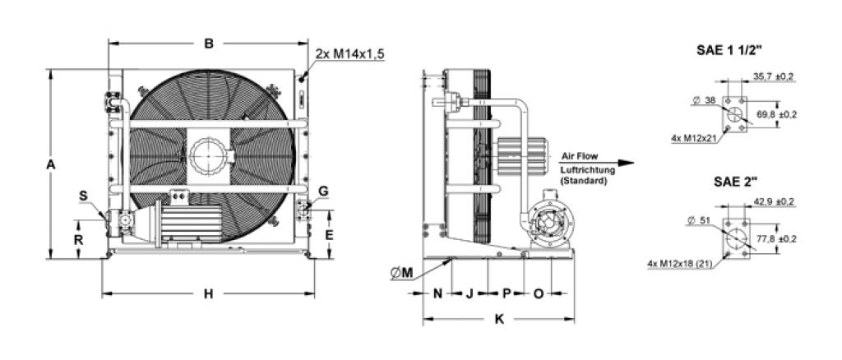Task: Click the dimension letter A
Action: click(x=51, y=165)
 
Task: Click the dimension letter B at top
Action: click(x=209, y=44)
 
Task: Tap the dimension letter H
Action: click(x=208, y=293)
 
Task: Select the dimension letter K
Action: click(x=499, y=319)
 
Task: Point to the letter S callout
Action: click(x=83, y=196)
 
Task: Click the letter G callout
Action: click(x=323, y=192)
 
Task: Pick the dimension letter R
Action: click(x=78, y=240)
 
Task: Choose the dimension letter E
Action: click(x=330, y=235)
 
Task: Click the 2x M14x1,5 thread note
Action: click(x=350, y=54)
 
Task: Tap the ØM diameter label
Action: click(x=402, y=273)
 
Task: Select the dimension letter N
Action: click(x=437, y=293)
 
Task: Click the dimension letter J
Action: click(x=469, y=293)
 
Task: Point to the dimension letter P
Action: click(x=507, y=293)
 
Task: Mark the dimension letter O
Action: click(x=539, y=293)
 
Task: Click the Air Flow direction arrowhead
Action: click(x=626, y=163)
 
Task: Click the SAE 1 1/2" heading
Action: click(x=730, y=50)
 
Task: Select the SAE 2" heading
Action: click(x=735, y=181)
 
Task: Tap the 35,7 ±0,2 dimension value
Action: click(x=773, y=76)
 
